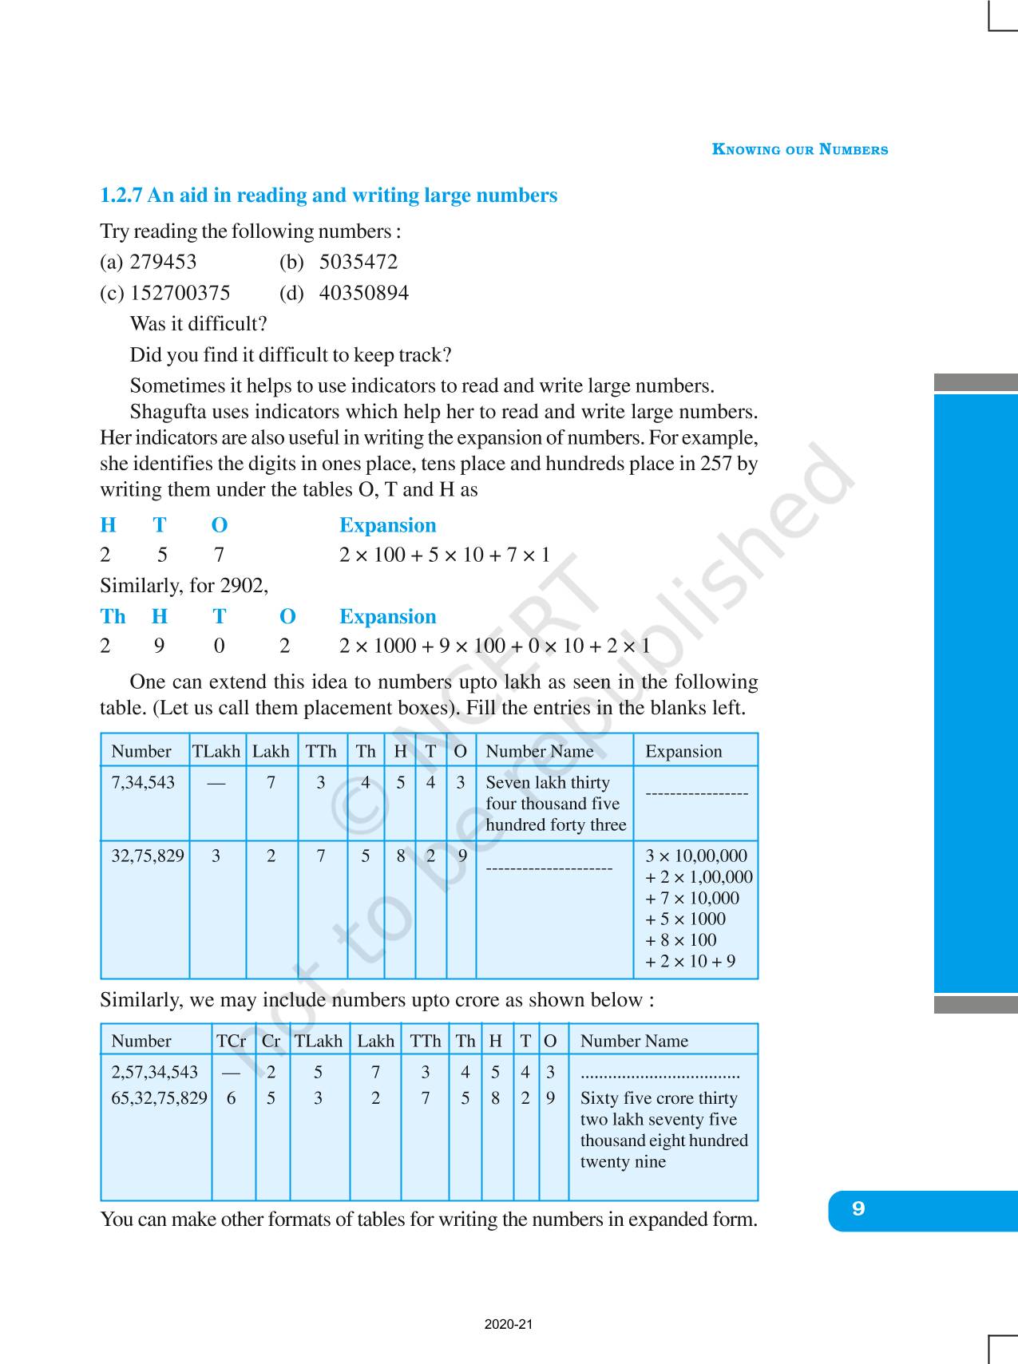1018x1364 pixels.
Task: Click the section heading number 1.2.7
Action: coord(121,196)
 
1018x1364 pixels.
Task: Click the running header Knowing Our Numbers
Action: coord(799,149)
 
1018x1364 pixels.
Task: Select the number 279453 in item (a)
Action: coord(163,262)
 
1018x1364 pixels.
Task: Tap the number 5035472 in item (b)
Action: coord(358,262)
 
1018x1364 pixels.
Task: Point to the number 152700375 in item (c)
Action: coord(180,293)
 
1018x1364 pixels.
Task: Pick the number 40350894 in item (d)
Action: coord(363,293)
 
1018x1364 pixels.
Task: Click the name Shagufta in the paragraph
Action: coord(168,412)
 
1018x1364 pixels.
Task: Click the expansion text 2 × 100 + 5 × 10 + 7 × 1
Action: coord(445,555)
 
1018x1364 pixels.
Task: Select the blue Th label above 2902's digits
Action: coord(113,616)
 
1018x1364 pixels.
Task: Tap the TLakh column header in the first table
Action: coord(216,751)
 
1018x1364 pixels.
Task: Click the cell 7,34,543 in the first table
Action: coord(143,782)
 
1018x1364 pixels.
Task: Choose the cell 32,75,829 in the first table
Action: coord(148,856)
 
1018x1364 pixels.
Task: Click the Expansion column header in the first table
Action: coord(683,751)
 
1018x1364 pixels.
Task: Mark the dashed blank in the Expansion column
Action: coord(696,793)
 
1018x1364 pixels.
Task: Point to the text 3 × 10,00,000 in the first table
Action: coord(696,856)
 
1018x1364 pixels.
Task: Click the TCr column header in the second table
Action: coord(231,1041)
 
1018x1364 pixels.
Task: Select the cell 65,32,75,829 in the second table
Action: coord(159,1098)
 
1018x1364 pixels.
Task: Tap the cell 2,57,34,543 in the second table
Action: coord(154,1072)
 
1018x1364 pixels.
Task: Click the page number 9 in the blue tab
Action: coord(858,1208)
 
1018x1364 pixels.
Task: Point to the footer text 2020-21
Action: coord(509,1324)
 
